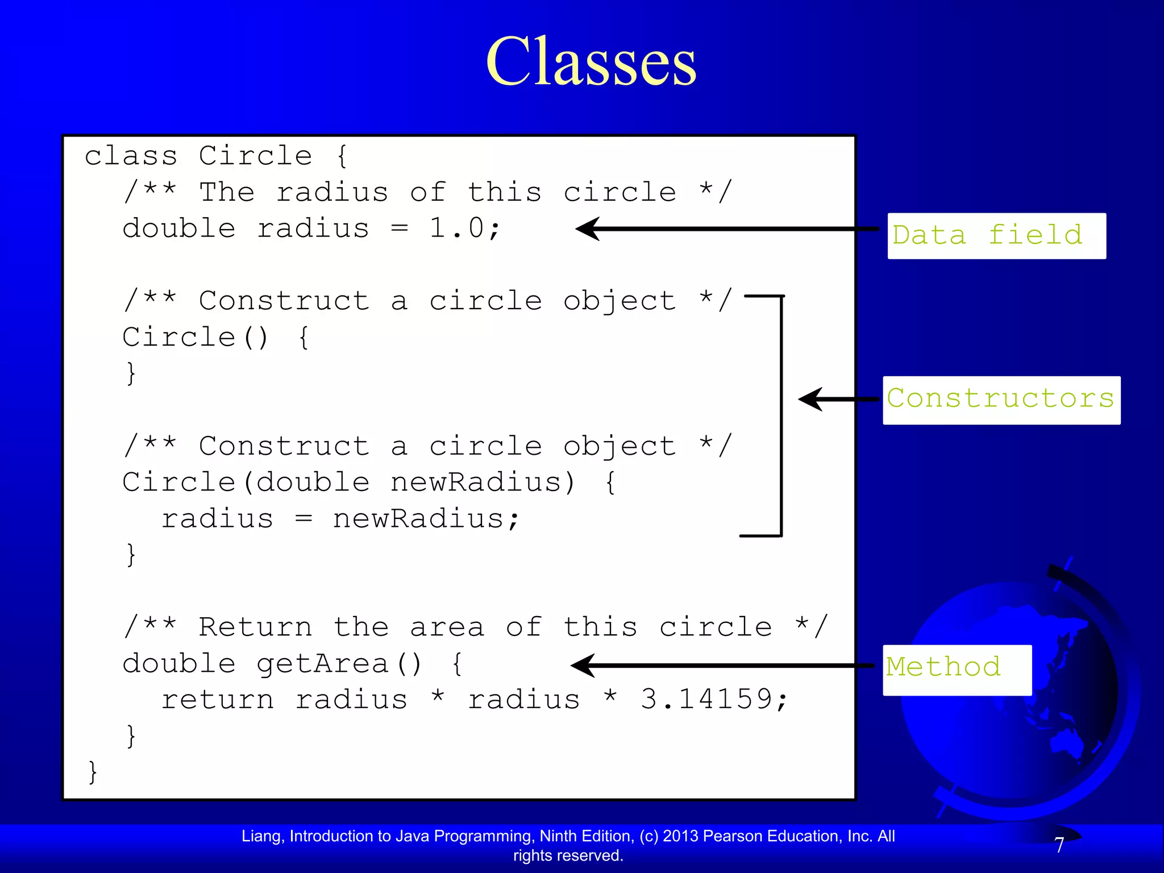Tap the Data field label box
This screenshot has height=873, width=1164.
coord(996,236)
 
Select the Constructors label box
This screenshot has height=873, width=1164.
coord(1001,400)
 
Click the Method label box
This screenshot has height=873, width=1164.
coord(957,670)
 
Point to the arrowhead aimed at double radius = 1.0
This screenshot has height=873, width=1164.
coord(588,229)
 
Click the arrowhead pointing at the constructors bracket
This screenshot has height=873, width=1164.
coord(810,400)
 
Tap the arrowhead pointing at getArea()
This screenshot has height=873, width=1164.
coord(583,666)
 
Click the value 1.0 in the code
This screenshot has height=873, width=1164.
coord(456,229)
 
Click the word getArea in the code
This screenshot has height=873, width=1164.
coord(322,664)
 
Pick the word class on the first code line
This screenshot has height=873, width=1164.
coord(131,156)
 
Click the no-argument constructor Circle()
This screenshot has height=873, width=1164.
coord(195,337)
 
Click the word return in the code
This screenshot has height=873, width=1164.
coord(218,700)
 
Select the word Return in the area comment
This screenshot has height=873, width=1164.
coord(255,627)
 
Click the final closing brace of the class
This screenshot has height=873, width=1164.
coord(93,772)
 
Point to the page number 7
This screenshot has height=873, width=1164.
coord(1059,845)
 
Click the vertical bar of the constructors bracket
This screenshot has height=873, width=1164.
coord(781,415)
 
